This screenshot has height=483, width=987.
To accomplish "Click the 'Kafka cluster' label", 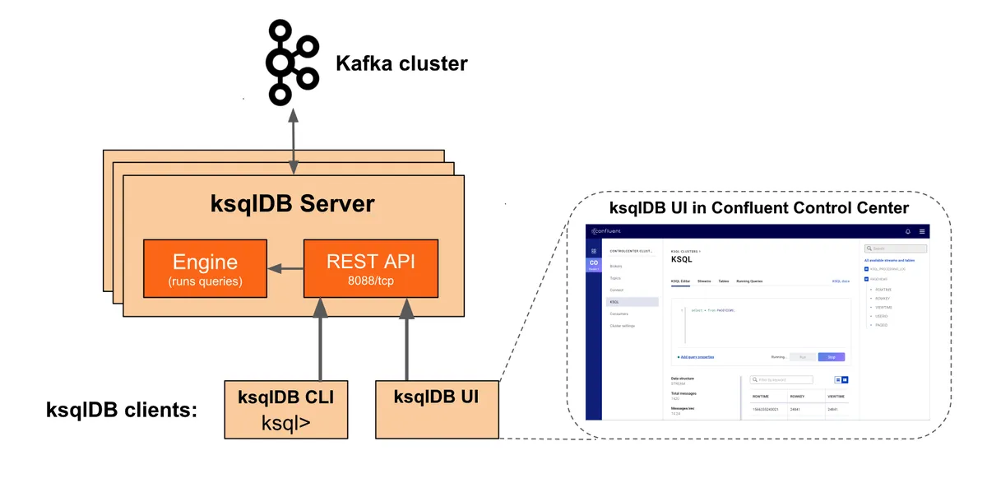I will pyautogui.click(x=401, y=63).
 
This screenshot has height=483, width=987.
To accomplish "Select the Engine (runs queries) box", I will pyautogui.click(x=205, y=268).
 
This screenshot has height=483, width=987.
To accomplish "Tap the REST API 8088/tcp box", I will pyautogui.click(x=370, y=268).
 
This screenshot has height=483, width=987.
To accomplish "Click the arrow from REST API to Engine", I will pyautogui.click(x=285, y=268).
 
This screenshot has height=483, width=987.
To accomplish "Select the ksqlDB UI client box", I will pyautogui.click(x=436, y=409).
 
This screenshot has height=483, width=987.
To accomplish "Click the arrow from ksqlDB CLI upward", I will pyautogui.click(x=321, y=337).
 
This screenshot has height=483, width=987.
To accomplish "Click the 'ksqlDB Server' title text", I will pyautogui.click(x=292, y=203).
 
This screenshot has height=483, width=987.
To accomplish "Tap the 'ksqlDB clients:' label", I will pyautogui.click(x=122, y=409).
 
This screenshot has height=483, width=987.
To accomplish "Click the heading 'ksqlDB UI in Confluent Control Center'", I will pyautogui.click(x=758, y=207).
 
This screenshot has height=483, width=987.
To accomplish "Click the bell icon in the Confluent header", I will pyautogui.click(x=908, y=231).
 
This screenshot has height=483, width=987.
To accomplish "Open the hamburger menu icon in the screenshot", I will pyautogui.click(x=923, y=231).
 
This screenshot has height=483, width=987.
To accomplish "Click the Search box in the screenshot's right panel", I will pyautogui.click(x=896, y=248).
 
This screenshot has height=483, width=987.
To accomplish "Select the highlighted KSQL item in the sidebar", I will pyautogui.click(x=633, y=302).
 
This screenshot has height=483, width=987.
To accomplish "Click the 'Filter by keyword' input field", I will pyautogui.click(x=781, y=380).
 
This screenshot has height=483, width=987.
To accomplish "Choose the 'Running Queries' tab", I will pyautogui.click(x=749, y=281).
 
